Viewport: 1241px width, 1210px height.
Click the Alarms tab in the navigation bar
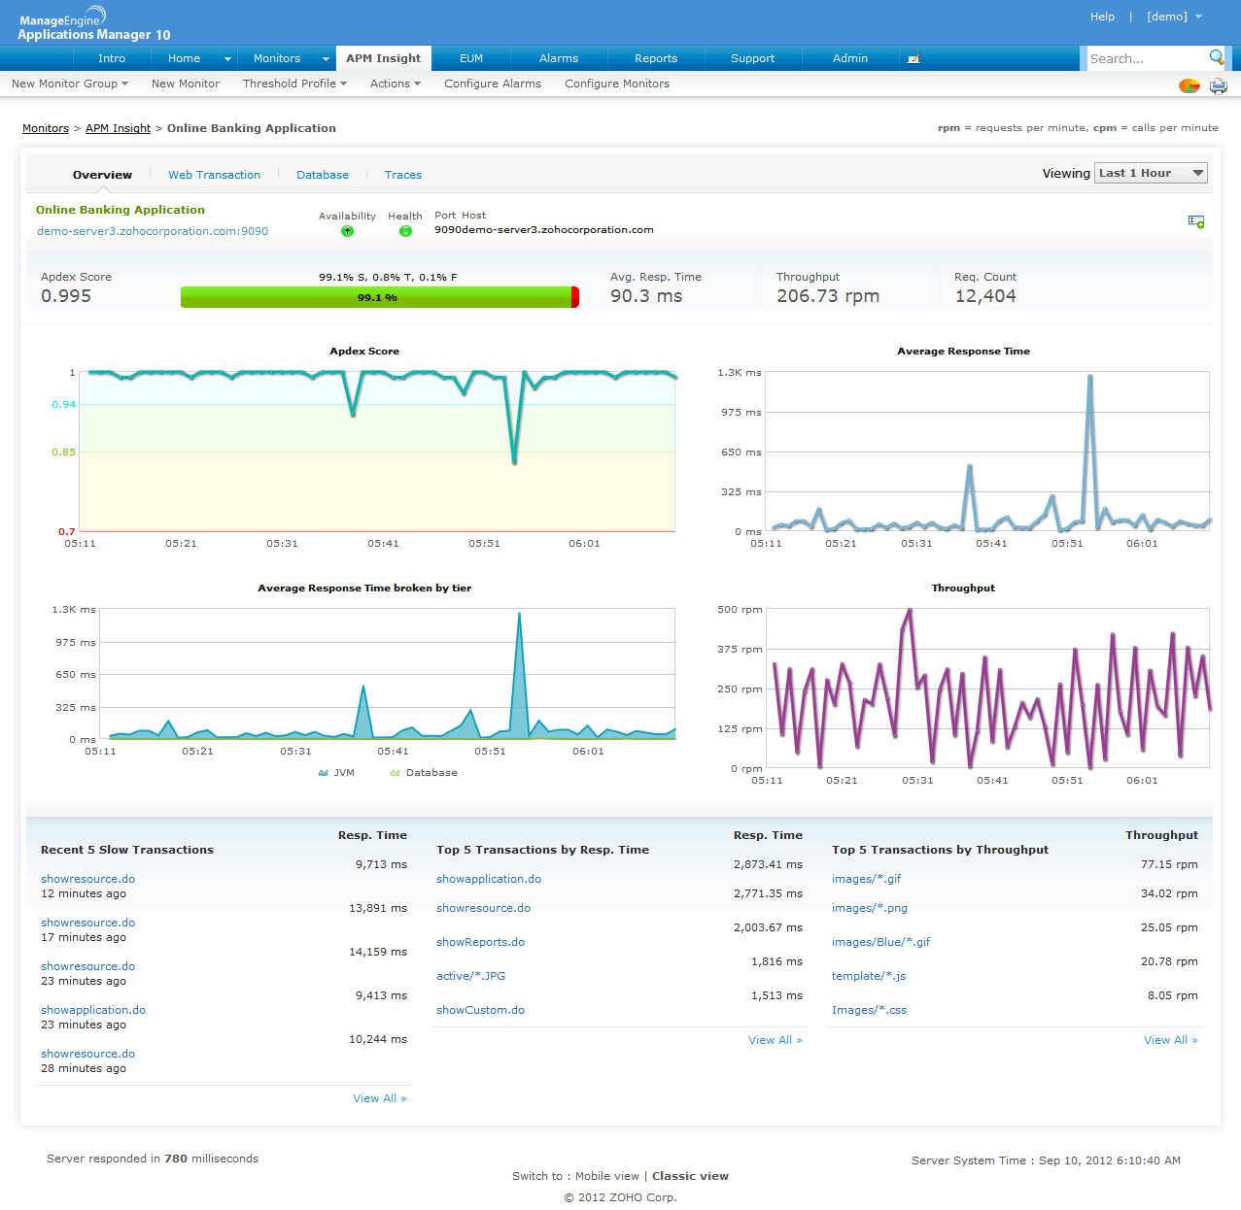tap(559, 58)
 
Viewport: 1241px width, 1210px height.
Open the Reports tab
tap(656, 58)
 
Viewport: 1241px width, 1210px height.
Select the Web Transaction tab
tap(214, 175)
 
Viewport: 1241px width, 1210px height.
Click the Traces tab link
tap(403, 175)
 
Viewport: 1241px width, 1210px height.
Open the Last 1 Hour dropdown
tap(1152, 173)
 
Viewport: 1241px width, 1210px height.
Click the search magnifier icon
tap(1216, 57)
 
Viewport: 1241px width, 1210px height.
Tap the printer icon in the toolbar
tap(1218, 85)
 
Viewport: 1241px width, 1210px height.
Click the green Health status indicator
tap(405, 231)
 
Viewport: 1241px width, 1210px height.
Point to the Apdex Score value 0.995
tap(66, 296)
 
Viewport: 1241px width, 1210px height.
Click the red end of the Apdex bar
tap(575, 297)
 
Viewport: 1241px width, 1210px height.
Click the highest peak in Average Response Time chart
tap(1090, 377)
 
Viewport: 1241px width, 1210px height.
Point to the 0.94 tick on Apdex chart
tap(63, 405)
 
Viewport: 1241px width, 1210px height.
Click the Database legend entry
tap(431, 773)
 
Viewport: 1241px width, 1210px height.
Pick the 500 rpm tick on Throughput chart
tap(740, 610)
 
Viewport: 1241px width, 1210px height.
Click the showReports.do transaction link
tap(480, 942)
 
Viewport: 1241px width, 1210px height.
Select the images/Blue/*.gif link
tap(880, 942)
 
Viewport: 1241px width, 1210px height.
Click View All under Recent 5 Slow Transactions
tap(379, 1098)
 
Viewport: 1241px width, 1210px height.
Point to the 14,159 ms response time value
tap(377, 952)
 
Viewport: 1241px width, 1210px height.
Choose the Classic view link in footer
tap(690, 1176)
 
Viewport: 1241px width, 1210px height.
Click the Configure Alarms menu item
tap(493, 84)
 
